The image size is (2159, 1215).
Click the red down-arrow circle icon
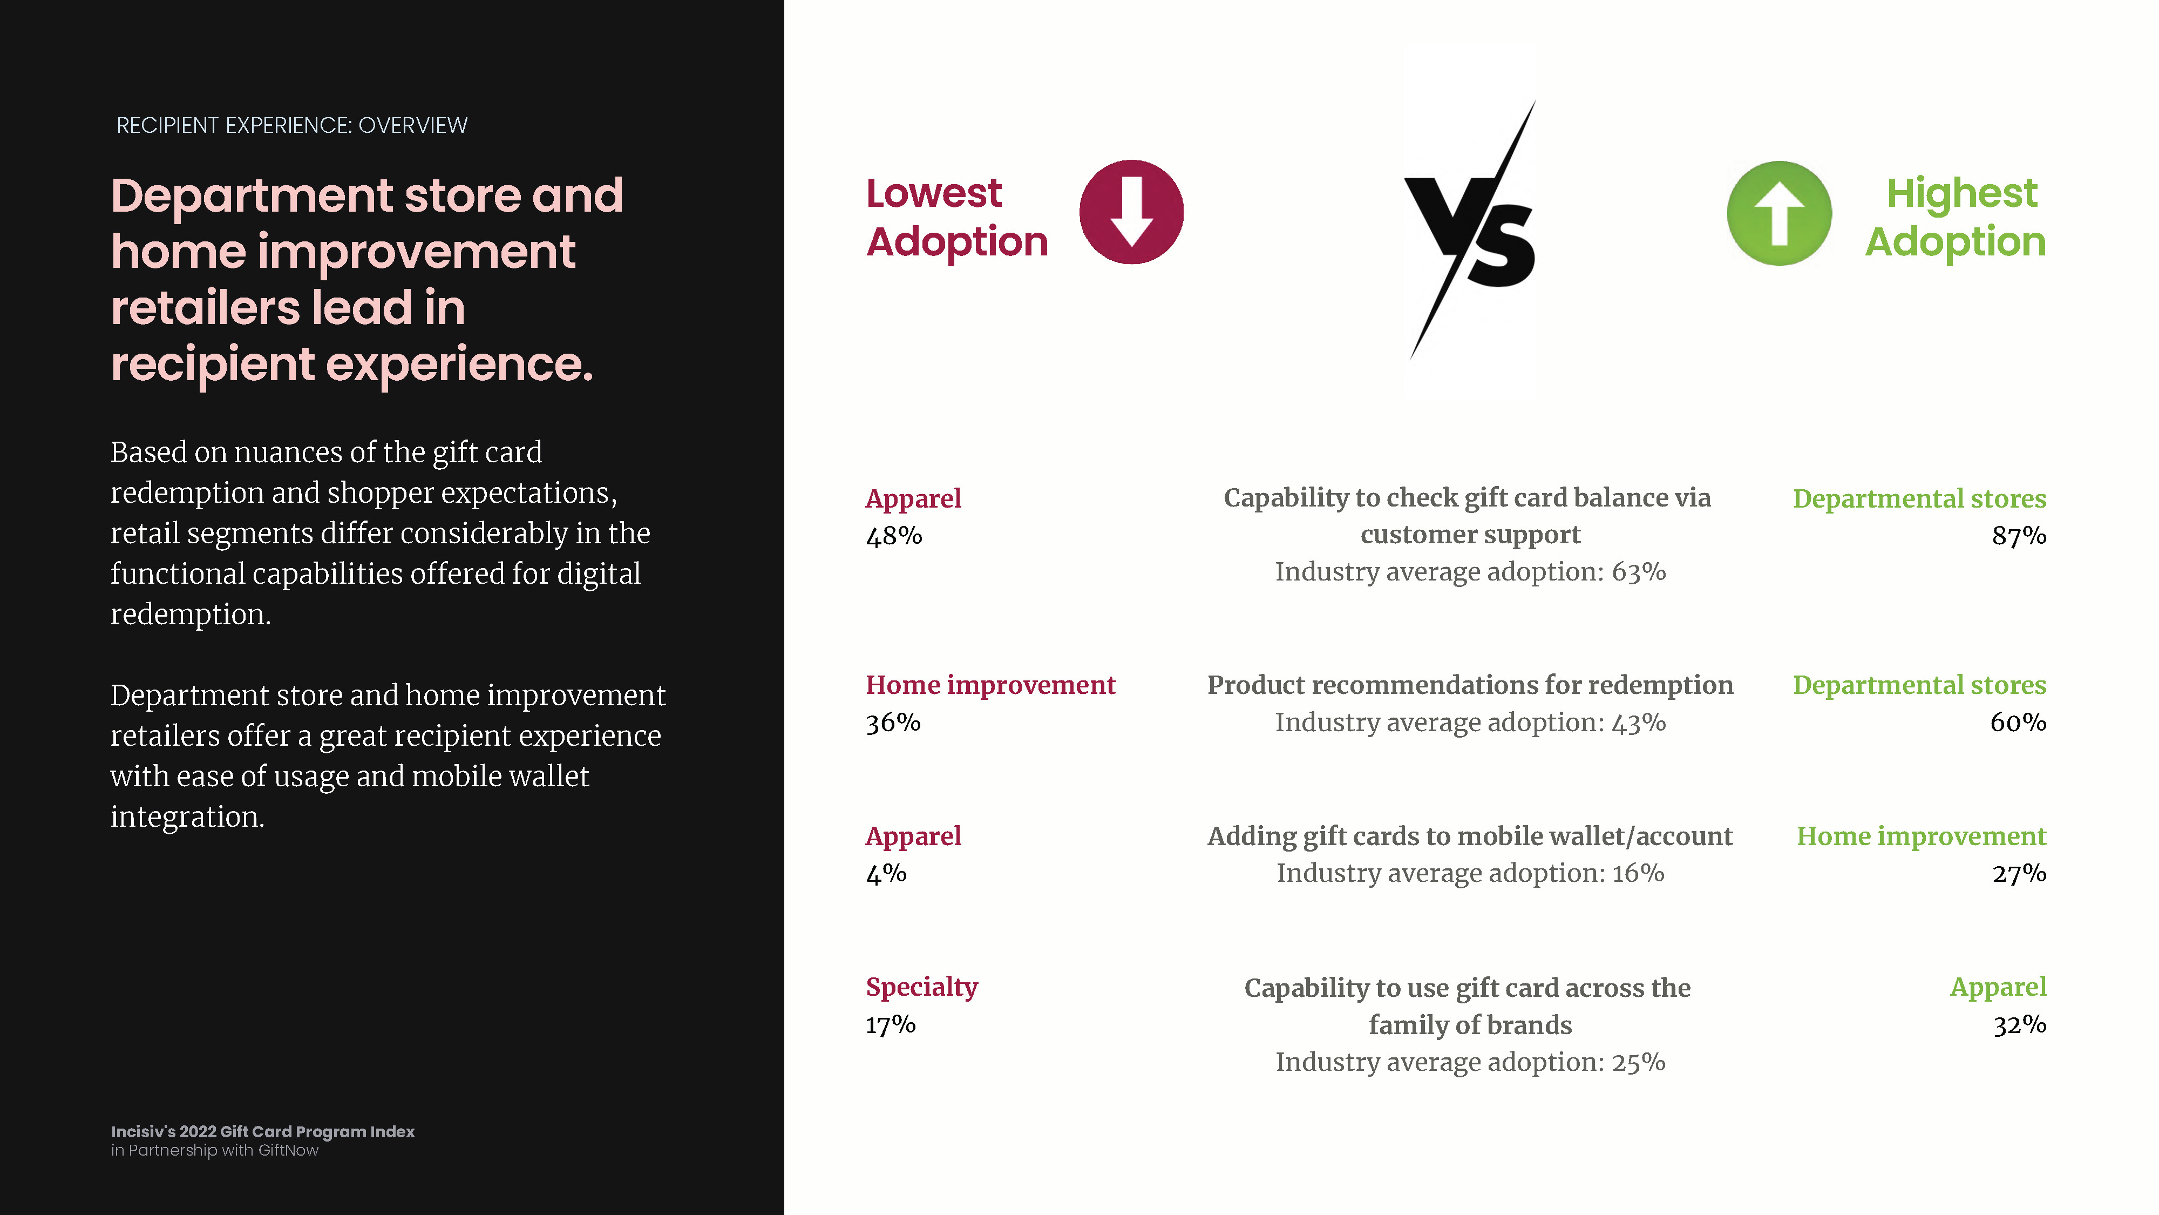(x=1131, y=212)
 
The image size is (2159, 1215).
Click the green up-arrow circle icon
(x=1780, y=213)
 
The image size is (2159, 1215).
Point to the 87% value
(x=2019, y=536)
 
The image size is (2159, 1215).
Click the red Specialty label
(x=922, y=988)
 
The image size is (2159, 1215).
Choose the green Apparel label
(x=1998, y=988)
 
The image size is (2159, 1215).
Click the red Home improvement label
(x=990, y=685)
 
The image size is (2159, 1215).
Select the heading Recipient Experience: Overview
(x=291, y=126)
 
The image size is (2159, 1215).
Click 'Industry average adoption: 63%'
(x=1471, y=572)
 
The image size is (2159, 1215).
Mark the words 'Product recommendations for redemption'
(x=1471, y=685)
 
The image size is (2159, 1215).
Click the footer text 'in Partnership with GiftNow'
(x=215, y=1150)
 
